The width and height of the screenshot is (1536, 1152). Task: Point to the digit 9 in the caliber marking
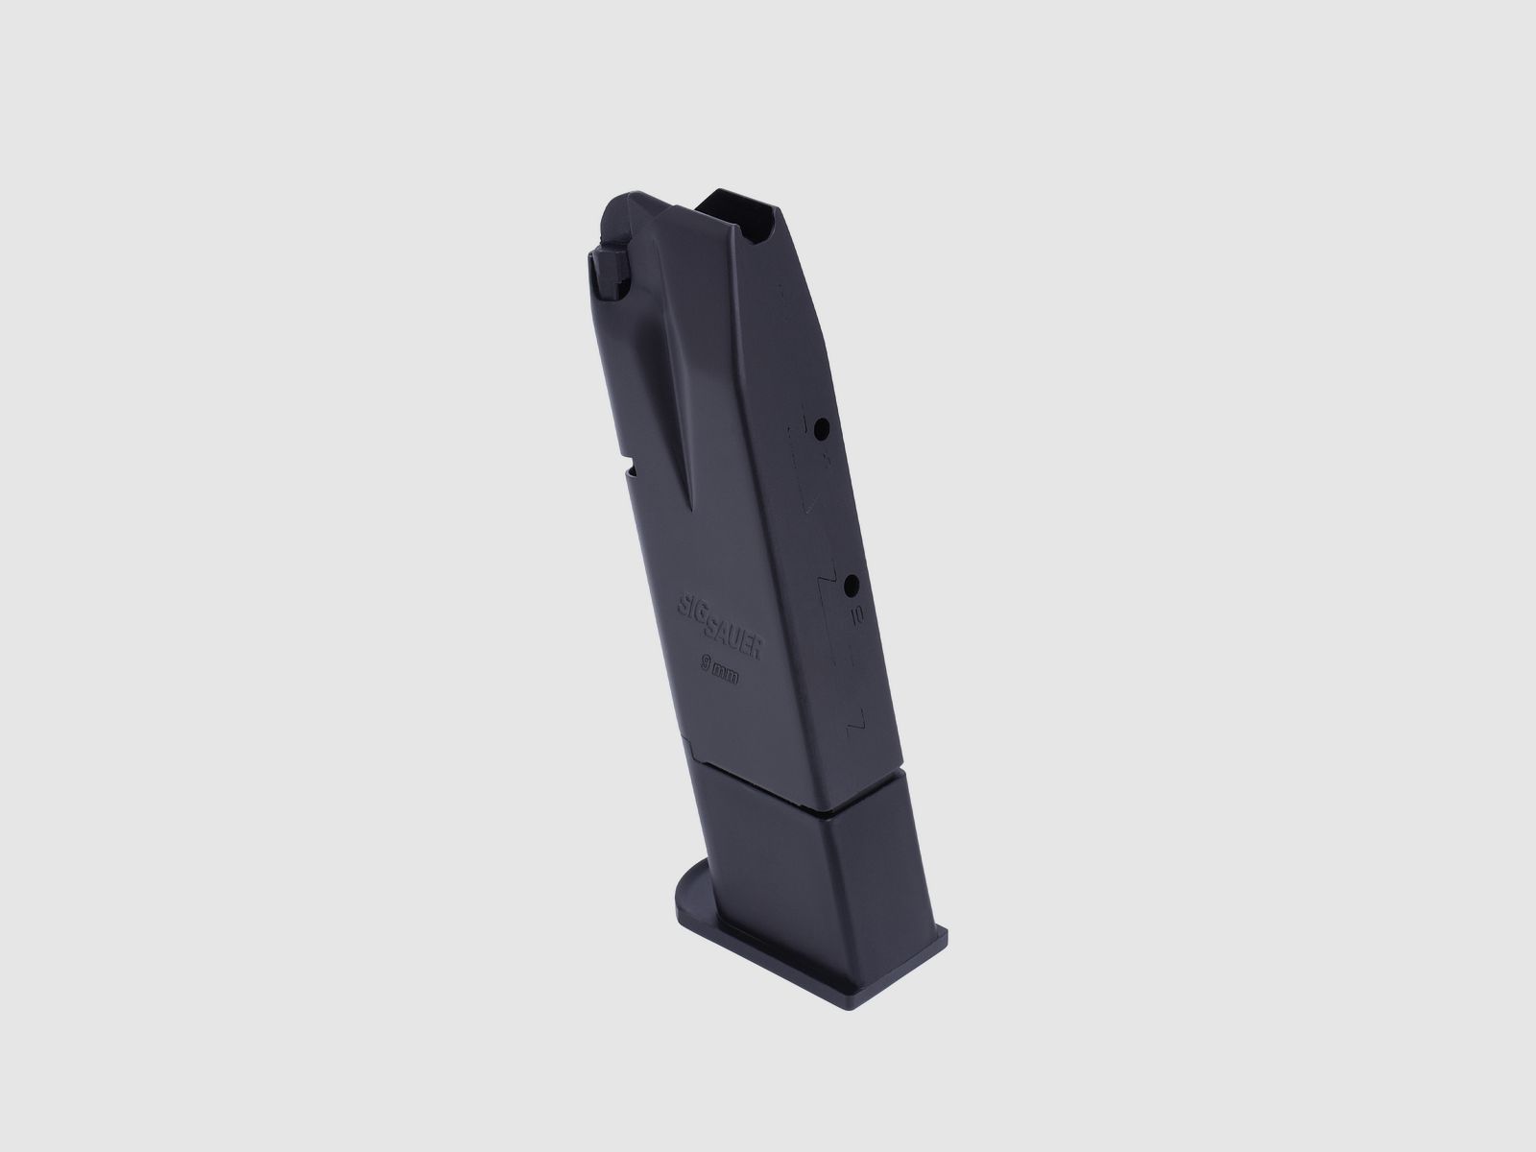(707, 660)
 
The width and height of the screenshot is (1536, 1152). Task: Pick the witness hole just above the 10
(851, 585)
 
